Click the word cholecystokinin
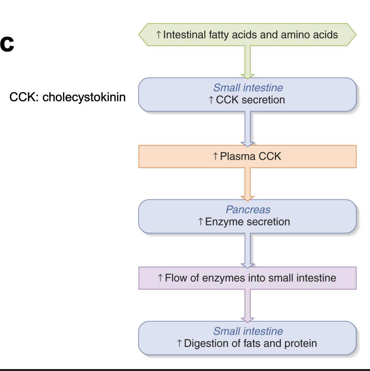84,97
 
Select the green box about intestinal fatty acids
247,35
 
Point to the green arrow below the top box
247,62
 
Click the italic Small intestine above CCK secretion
248,88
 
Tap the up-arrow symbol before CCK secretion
211,100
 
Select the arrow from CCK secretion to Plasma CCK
247,129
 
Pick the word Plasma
236,157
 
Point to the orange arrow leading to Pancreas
247,184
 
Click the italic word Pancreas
248,210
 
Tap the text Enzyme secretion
247,222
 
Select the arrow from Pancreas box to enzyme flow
247,250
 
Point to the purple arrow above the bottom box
247,305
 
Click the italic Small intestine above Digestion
248,331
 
